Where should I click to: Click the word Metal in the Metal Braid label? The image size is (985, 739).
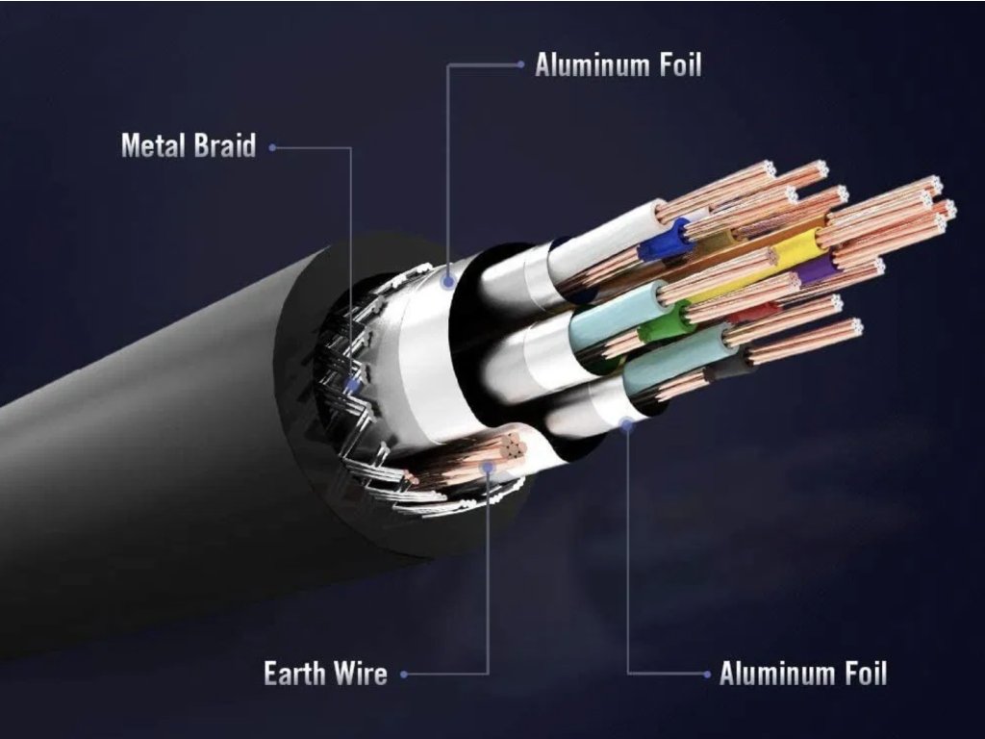pyautogui.click(x=152, y=146)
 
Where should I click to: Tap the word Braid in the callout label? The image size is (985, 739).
pyautogui.click(x=225, y=146)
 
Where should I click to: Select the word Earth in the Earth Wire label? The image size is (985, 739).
pyautogui.click(x=294, y=674)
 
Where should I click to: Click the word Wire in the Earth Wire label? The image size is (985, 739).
pyautogui.click(x=361, y=674)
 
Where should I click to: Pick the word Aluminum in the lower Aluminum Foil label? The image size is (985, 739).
pyautogui.click(x=773, y=674)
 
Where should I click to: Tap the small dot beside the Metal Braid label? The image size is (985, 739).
pyautogui.click(x=273, y=147)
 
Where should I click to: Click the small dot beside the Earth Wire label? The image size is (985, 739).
pyautogui.click(x=404, y=675)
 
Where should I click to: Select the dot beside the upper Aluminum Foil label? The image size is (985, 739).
pyautogui.click(x=520, y=65)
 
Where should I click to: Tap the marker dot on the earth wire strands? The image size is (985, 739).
pyautogui.click(x=489, y=467)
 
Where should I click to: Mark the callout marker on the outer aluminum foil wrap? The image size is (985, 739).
pyautogui.click(x=448, y=281)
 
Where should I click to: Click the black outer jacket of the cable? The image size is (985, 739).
pyautogui.click(x=144, y=481)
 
